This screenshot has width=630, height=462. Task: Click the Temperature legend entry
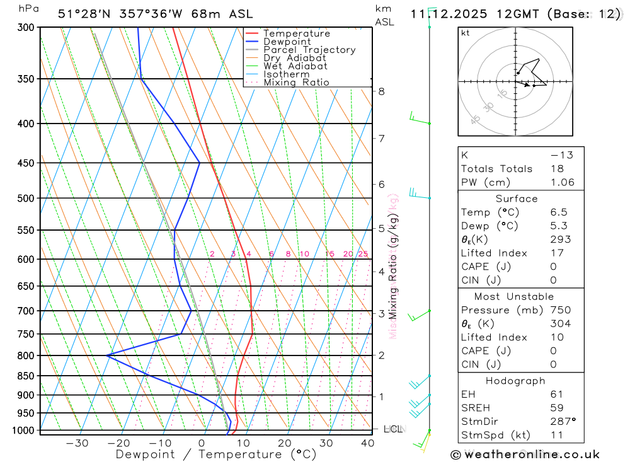tap(296, 33)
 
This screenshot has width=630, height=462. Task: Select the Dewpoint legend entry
tap(287, 42)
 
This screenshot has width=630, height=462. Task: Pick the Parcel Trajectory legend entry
tap(309, 50)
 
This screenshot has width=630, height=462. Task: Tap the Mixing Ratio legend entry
tap(296, 82)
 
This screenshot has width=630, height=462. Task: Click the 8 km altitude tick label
tap(381, 91)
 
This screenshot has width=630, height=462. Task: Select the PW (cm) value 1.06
tap(563, 183)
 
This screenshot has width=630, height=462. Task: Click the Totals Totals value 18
tap(556, 169)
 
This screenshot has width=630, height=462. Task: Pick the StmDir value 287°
tap(563, 422)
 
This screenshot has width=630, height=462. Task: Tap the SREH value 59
tap(556, 408)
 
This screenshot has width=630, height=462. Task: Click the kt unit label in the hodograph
tap(466, 33)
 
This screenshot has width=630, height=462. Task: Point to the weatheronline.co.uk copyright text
tap(525, 454)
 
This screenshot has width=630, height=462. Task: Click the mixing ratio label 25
tap(363, 254)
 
